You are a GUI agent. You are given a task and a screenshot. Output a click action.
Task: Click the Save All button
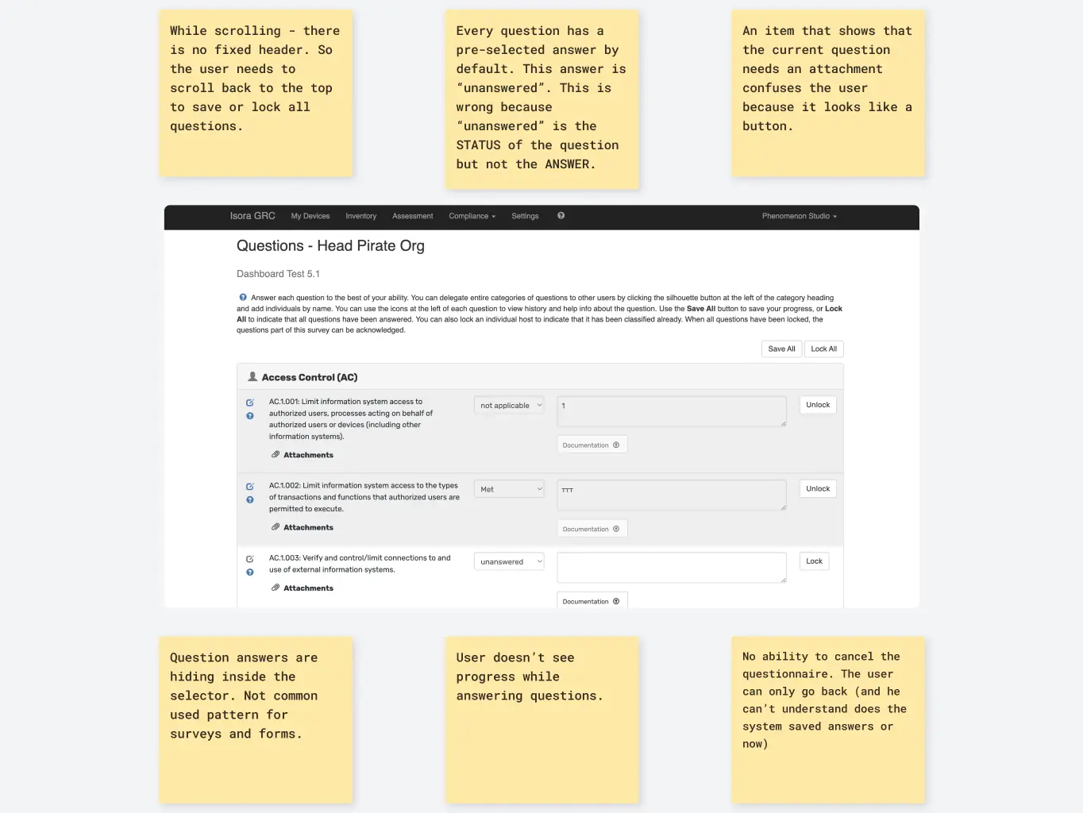[781, 349]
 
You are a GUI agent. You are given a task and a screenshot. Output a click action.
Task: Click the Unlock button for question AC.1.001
[817, 405]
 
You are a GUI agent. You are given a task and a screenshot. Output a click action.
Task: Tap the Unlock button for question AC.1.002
[817, 489]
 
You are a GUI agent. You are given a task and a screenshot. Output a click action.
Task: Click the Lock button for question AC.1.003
[814, 561]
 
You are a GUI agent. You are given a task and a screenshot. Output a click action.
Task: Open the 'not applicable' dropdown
[509, 406]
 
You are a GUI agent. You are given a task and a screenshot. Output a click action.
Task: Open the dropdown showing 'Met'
[509, 489]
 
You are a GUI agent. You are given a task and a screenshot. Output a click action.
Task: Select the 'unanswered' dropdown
[509, 561]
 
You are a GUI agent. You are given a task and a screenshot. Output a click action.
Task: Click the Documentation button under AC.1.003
[592, 601]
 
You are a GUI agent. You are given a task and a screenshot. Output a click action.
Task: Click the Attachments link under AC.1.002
[308, 527]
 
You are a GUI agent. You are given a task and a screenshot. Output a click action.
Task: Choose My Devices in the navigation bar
[310, 216]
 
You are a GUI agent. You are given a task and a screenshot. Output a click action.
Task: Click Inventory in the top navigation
[360, 216]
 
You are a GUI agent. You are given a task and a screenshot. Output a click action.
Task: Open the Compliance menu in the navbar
[472, 216]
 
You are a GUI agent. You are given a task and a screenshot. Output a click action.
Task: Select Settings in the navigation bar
[525, 216]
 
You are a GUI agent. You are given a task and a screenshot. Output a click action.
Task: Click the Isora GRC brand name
[252, 216]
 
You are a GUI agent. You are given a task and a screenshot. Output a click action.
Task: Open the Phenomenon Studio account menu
[799, 216]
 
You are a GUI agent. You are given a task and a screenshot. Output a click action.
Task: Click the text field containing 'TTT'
[671, 495]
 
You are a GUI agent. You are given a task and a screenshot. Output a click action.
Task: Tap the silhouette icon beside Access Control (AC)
[252, 377]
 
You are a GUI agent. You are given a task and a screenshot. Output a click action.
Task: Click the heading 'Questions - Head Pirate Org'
[330, 246]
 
